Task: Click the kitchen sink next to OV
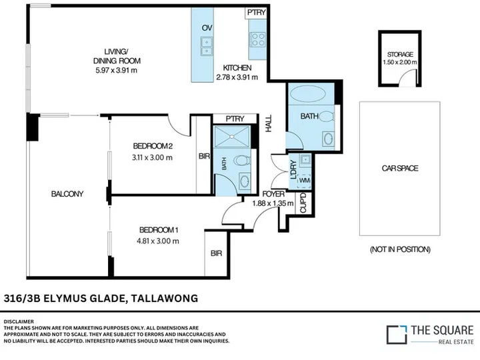click(207, 46)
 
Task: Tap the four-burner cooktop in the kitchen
click(257, 40)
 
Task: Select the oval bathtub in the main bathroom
click(307, 93)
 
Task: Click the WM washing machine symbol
click(304, 180)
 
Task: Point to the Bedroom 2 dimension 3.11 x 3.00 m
click(152, 157)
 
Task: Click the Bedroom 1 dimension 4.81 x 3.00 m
click(158, 241)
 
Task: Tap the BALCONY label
click(67, 194)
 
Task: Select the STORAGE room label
click(400, 55)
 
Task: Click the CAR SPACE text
click(400, 168)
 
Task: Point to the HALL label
click(269, 123)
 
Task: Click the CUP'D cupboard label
click(303, 203)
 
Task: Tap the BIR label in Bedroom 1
click(216, 253)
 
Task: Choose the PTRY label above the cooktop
click(257, 13)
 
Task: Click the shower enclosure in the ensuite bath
click(232, 137)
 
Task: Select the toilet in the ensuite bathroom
click(242, 160)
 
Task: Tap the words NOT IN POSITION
click(400, 249)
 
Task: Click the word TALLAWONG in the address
click(165, 298)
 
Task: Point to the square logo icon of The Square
click(397, 335)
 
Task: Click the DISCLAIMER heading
click(19, 322)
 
